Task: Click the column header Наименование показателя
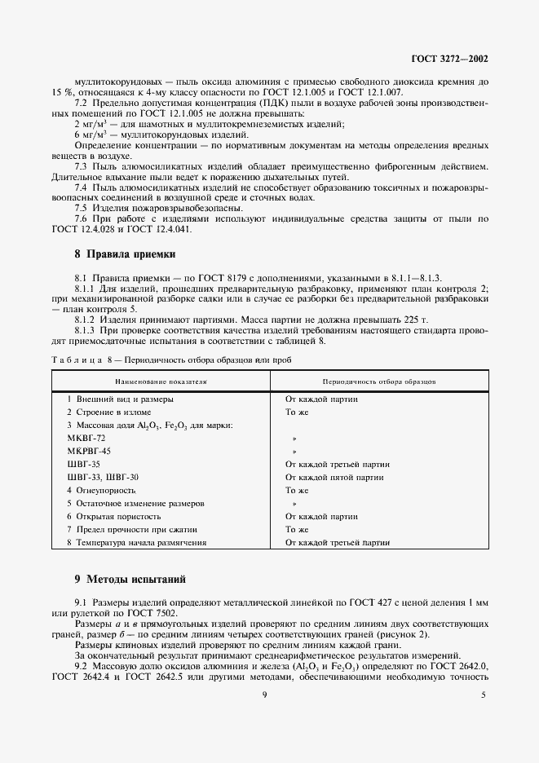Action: (x=161, y=381)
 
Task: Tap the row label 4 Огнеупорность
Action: (x=101, y=490)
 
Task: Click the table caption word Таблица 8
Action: (x=84, y=359)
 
